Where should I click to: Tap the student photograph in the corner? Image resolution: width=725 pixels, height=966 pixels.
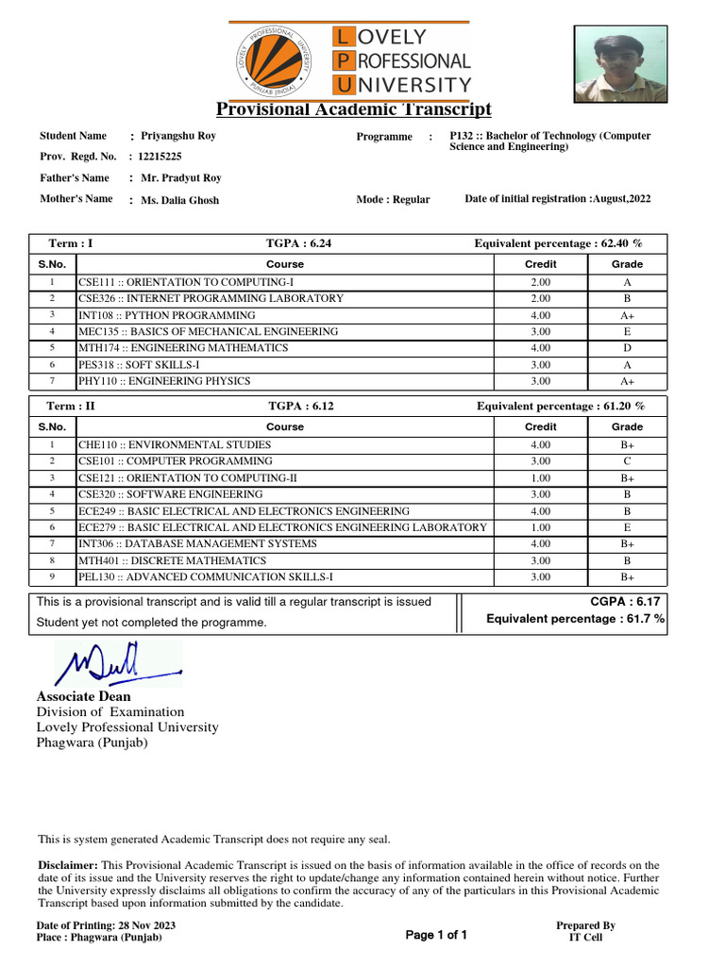point(619,63)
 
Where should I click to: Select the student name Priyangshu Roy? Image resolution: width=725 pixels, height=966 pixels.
point(177,136)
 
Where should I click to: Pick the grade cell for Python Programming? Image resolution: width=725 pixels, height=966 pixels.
point(627,315)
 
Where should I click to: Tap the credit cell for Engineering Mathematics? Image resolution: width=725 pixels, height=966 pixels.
point(540,348)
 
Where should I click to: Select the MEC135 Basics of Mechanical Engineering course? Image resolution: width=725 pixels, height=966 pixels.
point(208,332)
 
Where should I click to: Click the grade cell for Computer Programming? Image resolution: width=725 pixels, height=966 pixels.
point(627,461)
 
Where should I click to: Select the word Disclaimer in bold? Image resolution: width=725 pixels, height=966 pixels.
point(68,865)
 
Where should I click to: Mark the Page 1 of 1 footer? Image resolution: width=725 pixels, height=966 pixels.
point(436,935)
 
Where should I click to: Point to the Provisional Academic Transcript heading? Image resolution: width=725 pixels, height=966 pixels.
point(354,108)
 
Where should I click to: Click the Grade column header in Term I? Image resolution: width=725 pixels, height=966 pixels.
point(627,265)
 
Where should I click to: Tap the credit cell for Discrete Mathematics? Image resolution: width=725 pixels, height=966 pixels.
point(540,560)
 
